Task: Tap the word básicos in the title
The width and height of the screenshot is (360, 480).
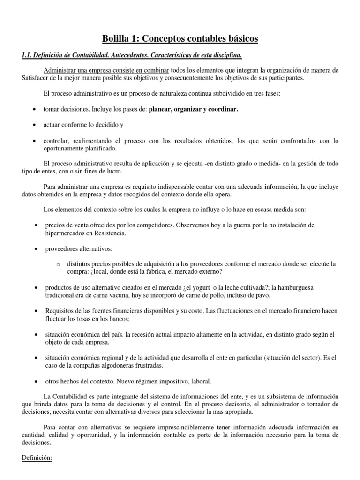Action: (x=239, y=38)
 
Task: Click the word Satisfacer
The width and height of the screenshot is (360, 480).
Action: (x=37, y=78)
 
